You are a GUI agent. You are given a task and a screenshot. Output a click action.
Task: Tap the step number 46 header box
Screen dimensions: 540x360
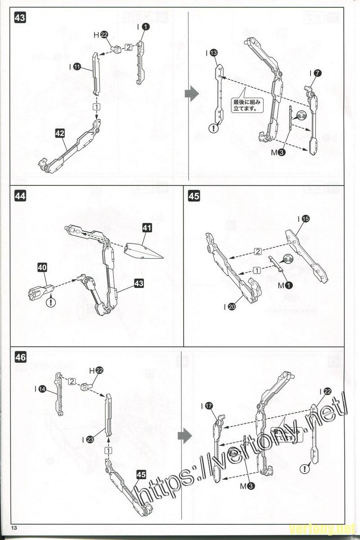pos(20,357)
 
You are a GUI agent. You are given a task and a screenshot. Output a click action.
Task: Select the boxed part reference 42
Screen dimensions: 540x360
pos(60,133)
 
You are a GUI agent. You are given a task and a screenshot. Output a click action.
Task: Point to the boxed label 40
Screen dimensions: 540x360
pos(42,267)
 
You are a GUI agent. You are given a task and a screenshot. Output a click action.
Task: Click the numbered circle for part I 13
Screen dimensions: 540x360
pos(213,53)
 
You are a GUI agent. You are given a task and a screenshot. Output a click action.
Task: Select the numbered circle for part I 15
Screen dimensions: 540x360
pos(306,219)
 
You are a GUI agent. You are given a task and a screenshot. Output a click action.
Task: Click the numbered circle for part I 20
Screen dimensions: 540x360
pos(232,306)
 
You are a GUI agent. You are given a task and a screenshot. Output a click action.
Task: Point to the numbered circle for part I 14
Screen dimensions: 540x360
pos(42,388)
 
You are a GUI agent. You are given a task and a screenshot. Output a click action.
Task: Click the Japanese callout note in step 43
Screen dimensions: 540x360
pos(247,105)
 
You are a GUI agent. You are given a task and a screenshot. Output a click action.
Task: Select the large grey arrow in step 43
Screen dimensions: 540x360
pos(191,94)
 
